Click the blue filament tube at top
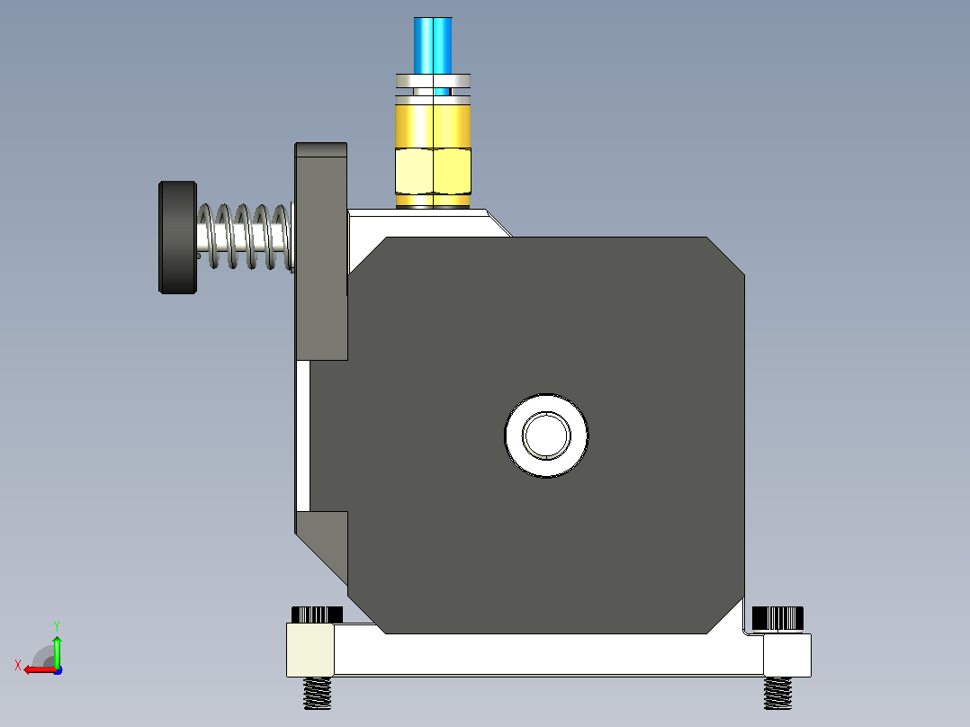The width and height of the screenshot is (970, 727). point(433,47)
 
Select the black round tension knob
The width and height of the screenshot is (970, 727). point(177,238)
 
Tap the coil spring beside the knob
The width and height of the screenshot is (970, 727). point(245,237)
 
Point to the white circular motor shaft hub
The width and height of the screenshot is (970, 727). point(546,435)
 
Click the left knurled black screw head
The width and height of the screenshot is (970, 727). point(317,615)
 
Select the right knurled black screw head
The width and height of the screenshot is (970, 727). point(777,618)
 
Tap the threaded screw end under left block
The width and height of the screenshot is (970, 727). point(317,693)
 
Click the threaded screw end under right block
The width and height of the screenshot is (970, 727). point(777,693)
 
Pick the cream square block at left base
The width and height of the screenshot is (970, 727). point(310,650)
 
